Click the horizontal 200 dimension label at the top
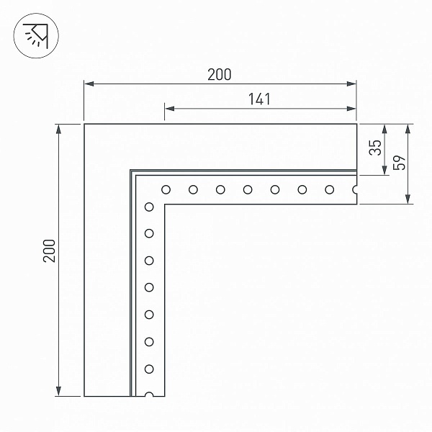(x=220, y=75)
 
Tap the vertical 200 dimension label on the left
(x=50, y=251)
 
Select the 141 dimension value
(x=259, y=99)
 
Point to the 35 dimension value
(x=375, y=148)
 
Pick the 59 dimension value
(x=399, y=163)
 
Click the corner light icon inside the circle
(x=37, y=36)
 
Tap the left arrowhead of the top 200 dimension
(x=89, y=84)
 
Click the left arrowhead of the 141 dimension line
(x=170, y=109)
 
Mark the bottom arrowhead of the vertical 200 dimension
(x=58, y=391)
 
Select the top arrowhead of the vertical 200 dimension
(x=58, y=129)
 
